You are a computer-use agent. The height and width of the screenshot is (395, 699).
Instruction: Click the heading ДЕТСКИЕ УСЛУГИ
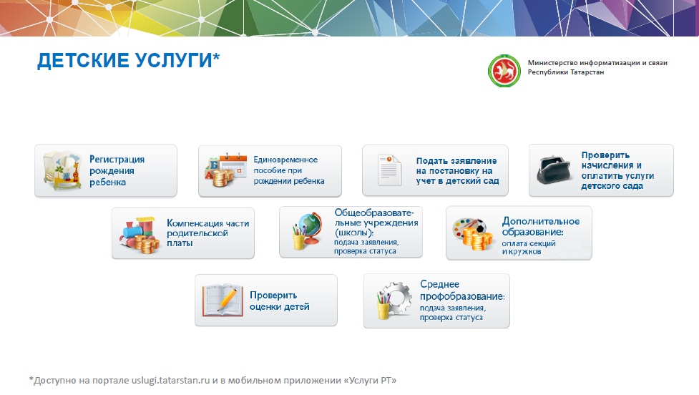coord(124,60)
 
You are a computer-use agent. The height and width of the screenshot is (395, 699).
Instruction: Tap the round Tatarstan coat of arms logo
coord(504,70)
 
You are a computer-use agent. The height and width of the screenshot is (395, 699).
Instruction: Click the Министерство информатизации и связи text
coord(597,63)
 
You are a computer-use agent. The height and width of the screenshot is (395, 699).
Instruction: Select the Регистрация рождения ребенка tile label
coord(117,171)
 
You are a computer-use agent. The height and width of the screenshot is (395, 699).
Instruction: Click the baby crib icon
coord(62,171)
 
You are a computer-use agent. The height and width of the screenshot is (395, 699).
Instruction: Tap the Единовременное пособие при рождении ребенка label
coord(289,170)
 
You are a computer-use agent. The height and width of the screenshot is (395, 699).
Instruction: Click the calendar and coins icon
coord(225,170)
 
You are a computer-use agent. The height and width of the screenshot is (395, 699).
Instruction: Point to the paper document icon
coord(389,170)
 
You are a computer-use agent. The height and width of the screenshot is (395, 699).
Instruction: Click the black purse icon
coord(554,170)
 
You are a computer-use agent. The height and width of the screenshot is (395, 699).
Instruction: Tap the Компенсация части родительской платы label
coord(207,233)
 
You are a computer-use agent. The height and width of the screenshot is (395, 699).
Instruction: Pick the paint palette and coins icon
coord(472,234)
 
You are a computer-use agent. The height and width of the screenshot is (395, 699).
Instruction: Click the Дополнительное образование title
coord(541,226)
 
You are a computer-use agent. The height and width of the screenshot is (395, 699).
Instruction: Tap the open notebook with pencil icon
coord(223,300)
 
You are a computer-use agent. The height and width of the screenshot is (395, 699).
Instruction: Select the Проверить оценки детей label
coord(279,301)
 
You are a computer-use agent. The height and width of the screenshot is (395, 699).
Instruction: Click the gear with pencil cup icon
coord(394,300)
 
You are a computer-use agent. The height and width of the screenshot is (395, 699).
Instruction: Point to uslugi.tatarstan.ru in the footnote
coord(170,380)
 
